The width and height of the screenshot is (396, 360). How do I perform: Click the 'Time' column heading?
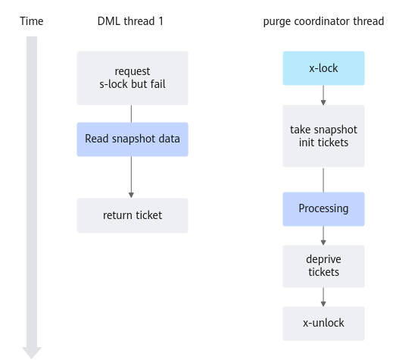pyautogui.click(x=32, y=21)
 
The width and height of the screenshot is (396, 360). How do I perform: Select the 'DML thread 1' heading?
pyautogui.click(x=130, y=21)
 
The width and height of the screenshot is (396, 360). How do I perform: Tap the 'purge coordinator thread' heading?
pyautogui.click(x=323, y=21)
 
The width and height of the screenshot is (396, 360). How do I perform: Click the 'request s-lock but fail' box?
pyautogui.click(x=133, y=78)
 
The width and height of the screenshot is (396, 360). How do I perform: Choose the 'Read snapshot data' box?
pyautogui.click(x=133, y=139)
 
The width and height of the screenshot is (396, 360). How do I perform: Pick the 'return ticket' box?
pyautogui.click(x=133, y=215)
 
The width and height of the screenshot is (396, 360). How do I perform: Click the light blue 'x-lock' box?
pyautogui.click(x=323, y=68)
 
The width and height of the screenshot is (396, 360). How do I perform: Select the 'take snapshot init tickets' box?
pyautogui.click(x=323, y=136)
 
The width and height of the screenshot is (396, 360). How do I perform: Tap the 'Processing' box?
pyautogui.click(x=323, y=209)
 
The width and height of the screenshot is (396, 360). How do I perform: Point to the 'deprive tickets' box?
pyautogui.click(x=323, y=266)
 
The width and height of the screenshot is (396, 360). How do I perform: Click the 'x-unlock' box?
pyautogui.click(x=323, y=324)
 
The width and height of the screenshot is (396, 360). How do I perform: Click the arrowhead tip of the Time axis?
pyautogui.click(x=32, y=358)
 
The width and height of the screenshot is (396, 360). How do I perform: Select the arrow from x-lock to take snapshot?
pyautogui.click(x=323, y=95)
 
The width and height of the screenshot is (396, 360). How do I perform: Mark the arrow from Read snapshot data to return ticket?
pyautogui.click(x=131, y=177)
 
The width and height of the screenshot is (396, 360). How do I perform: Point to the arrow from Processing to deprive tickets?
pyautogui.click(x=323, y=236)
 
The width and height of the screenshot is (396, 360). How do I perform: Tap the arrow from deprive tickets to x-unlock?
pyautogui.click(x=323, y=297)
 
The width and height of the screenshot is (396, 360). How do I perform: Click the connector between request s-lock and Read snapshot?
pyautogui.click(x=131, y=114)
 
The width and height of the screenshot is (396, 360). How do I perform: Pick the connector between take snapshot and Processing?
pyautogui.click(x=323, y=180)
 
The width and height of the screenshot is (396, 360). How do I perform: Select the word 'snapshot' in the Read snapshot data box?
pyautogui.click(x=133, y=139)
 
